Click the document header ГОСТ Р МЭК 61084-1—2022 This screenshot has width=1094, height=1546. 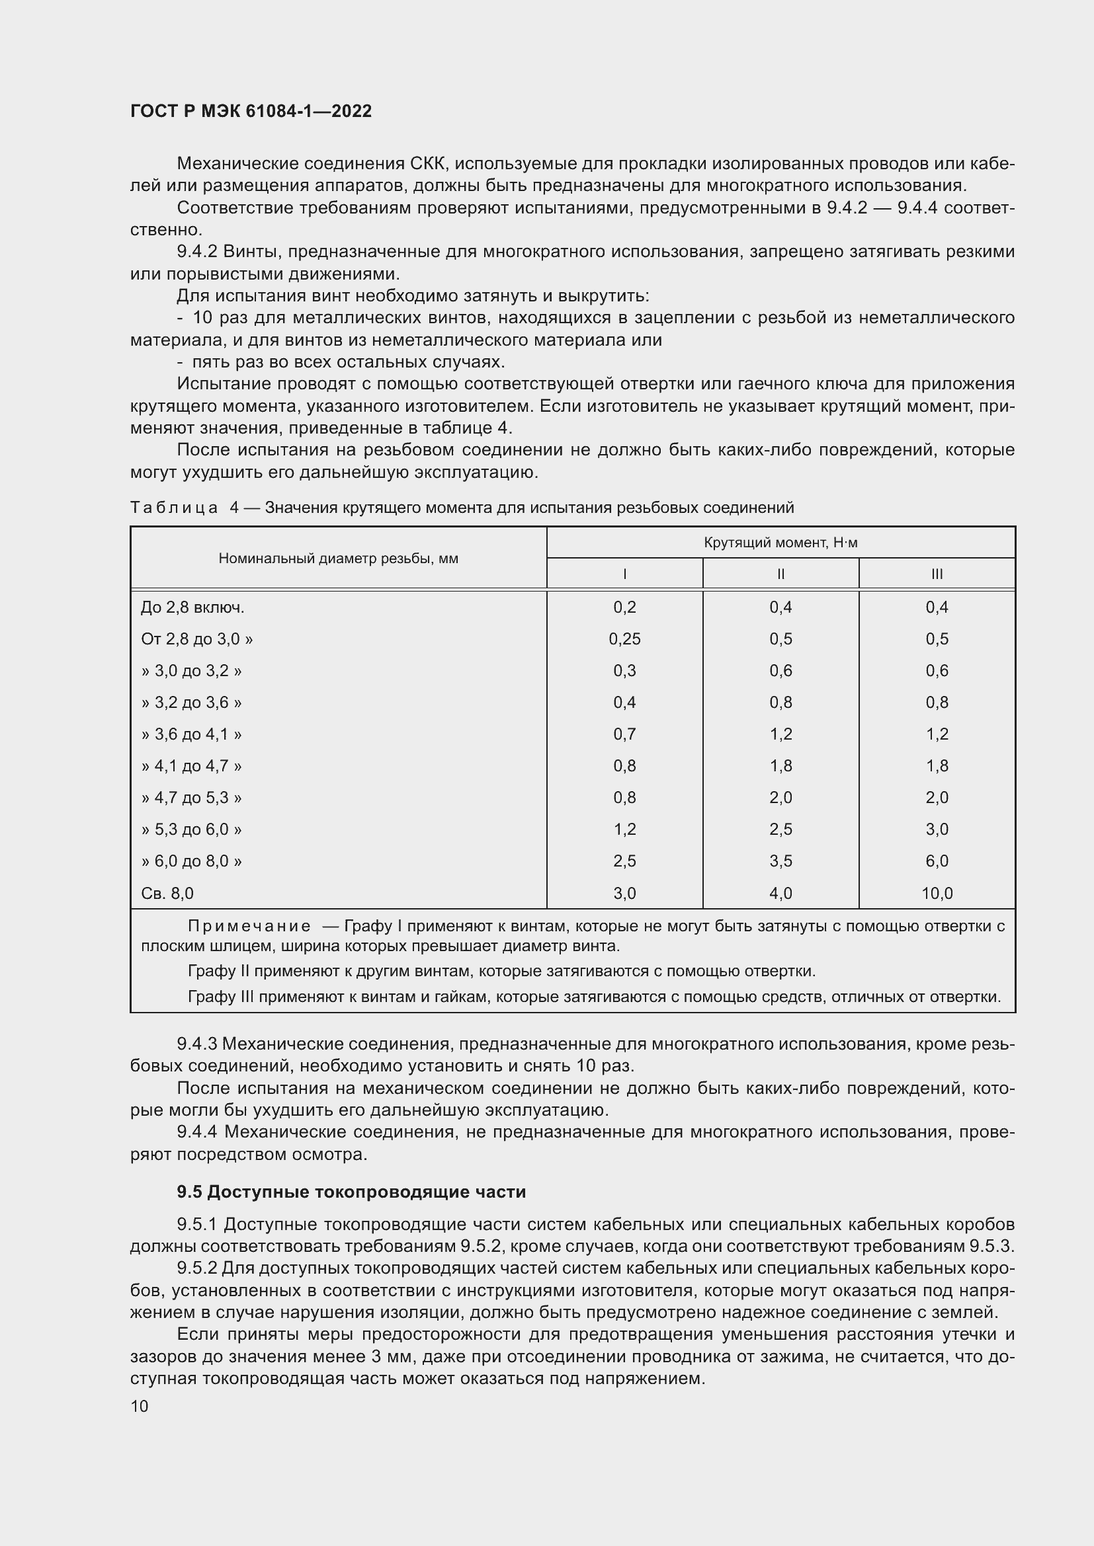(x=251, y=111)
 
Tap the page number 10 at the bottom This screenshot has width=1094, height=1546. (x=140, y=1406)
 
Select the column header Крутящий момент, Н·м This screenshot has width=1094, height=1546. (x=780, y=543)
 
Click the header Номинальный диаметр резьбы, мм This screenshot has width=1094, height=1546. (x=338, y=559)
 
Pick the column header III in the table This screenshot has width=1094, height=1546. (x=937, y=574)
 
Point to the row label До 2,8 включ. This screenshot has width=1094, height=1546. (x=192, y=607)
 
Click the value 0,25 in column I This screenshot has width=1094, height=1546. (x=624, y=639)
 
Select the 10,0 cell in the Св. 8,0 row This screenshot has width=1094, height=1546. (x=937, y=894)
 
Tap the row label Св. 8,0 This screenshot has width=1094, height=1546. (x=167, y=894)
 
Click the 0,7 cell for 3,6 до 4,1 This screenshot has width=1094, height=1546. (x=624, y=734)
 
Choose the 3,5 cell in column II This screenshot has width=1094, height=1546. (x=780, y=861)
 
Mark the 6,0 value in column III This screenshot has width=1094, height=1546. (x=937, y=861)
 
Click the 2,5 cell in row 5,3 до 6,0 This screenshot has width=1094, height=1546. (x=780, y=830)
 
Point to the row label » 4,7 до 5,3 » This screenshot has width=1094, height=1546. (x=191, y=798)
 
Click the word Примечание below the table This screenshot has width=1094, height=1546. (x=249, y=927)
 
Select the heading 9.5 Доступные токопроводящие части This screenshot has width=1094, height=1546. (x=351, y=1192)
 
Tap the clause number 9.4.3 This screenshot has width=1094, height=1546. (x=196, y=1044)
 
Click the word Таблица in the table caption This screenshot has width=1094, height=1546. (x=174, y=508)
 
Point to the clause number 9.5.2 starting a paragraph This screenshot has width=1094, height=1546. (x=196, y=1268)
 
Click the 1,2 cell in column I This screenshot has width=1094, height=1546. (x=624, y=830)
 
